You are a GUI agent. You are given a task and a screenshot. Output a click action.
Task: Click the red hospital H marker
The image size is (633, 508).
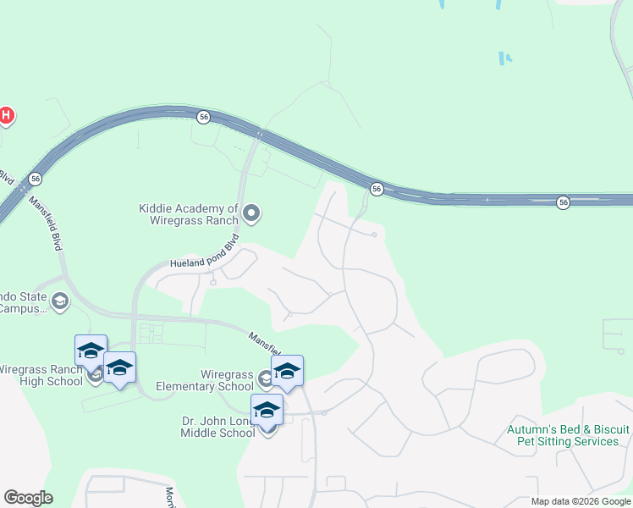[6, 115]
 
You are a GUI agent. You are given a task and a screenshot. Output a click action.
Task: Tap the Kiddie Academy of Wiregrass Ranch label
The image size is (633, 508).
[189, 214]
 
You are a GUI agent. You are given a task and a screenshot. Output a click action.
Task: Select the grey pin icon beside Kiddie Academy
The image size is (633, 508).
[251, 213]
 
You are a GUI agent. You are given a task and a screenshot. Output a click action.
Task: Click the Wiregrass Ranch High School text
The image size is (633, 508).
[41, 375]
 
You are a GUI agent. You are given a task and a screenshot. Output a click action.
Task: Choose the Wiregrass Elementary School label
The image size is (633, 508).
[226, 380]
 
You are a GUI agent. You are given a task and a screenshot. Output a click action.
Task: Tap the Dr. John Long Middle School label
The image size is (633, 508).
[217, 427]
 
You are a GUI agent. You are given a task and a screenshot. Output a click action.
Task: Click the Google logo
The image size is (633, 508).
[28, 498]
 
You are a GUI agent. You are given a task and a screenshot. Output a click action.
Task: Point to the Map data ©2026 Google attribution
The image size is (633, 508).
[580, 501]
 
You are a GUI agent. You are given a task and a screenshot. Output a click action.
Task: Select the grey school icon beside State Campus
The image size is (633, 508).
[60, 301]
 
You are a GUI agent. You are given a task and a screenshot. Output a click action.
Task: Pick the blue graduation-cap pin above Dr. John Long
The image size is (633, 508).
[267, 410]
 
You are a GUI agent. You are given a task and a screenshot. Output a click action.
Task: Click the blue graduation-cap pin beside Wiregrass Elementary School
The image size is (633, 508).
[287, 371]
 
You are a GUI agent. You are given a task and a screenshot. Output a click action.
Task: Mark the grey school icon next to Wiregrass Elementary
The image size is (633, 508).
[266, 378]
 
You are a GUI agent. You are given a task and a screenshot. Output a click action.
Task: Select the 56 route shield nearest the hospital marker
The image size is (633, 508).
[35, 179]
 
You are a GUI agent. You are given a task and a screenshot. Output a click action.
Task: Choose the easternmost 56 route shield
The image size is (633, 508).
[563, 202]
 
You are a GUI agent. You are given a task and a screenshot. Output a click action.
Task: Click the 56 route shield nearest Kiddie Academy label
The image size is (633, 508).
[203, 116]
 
